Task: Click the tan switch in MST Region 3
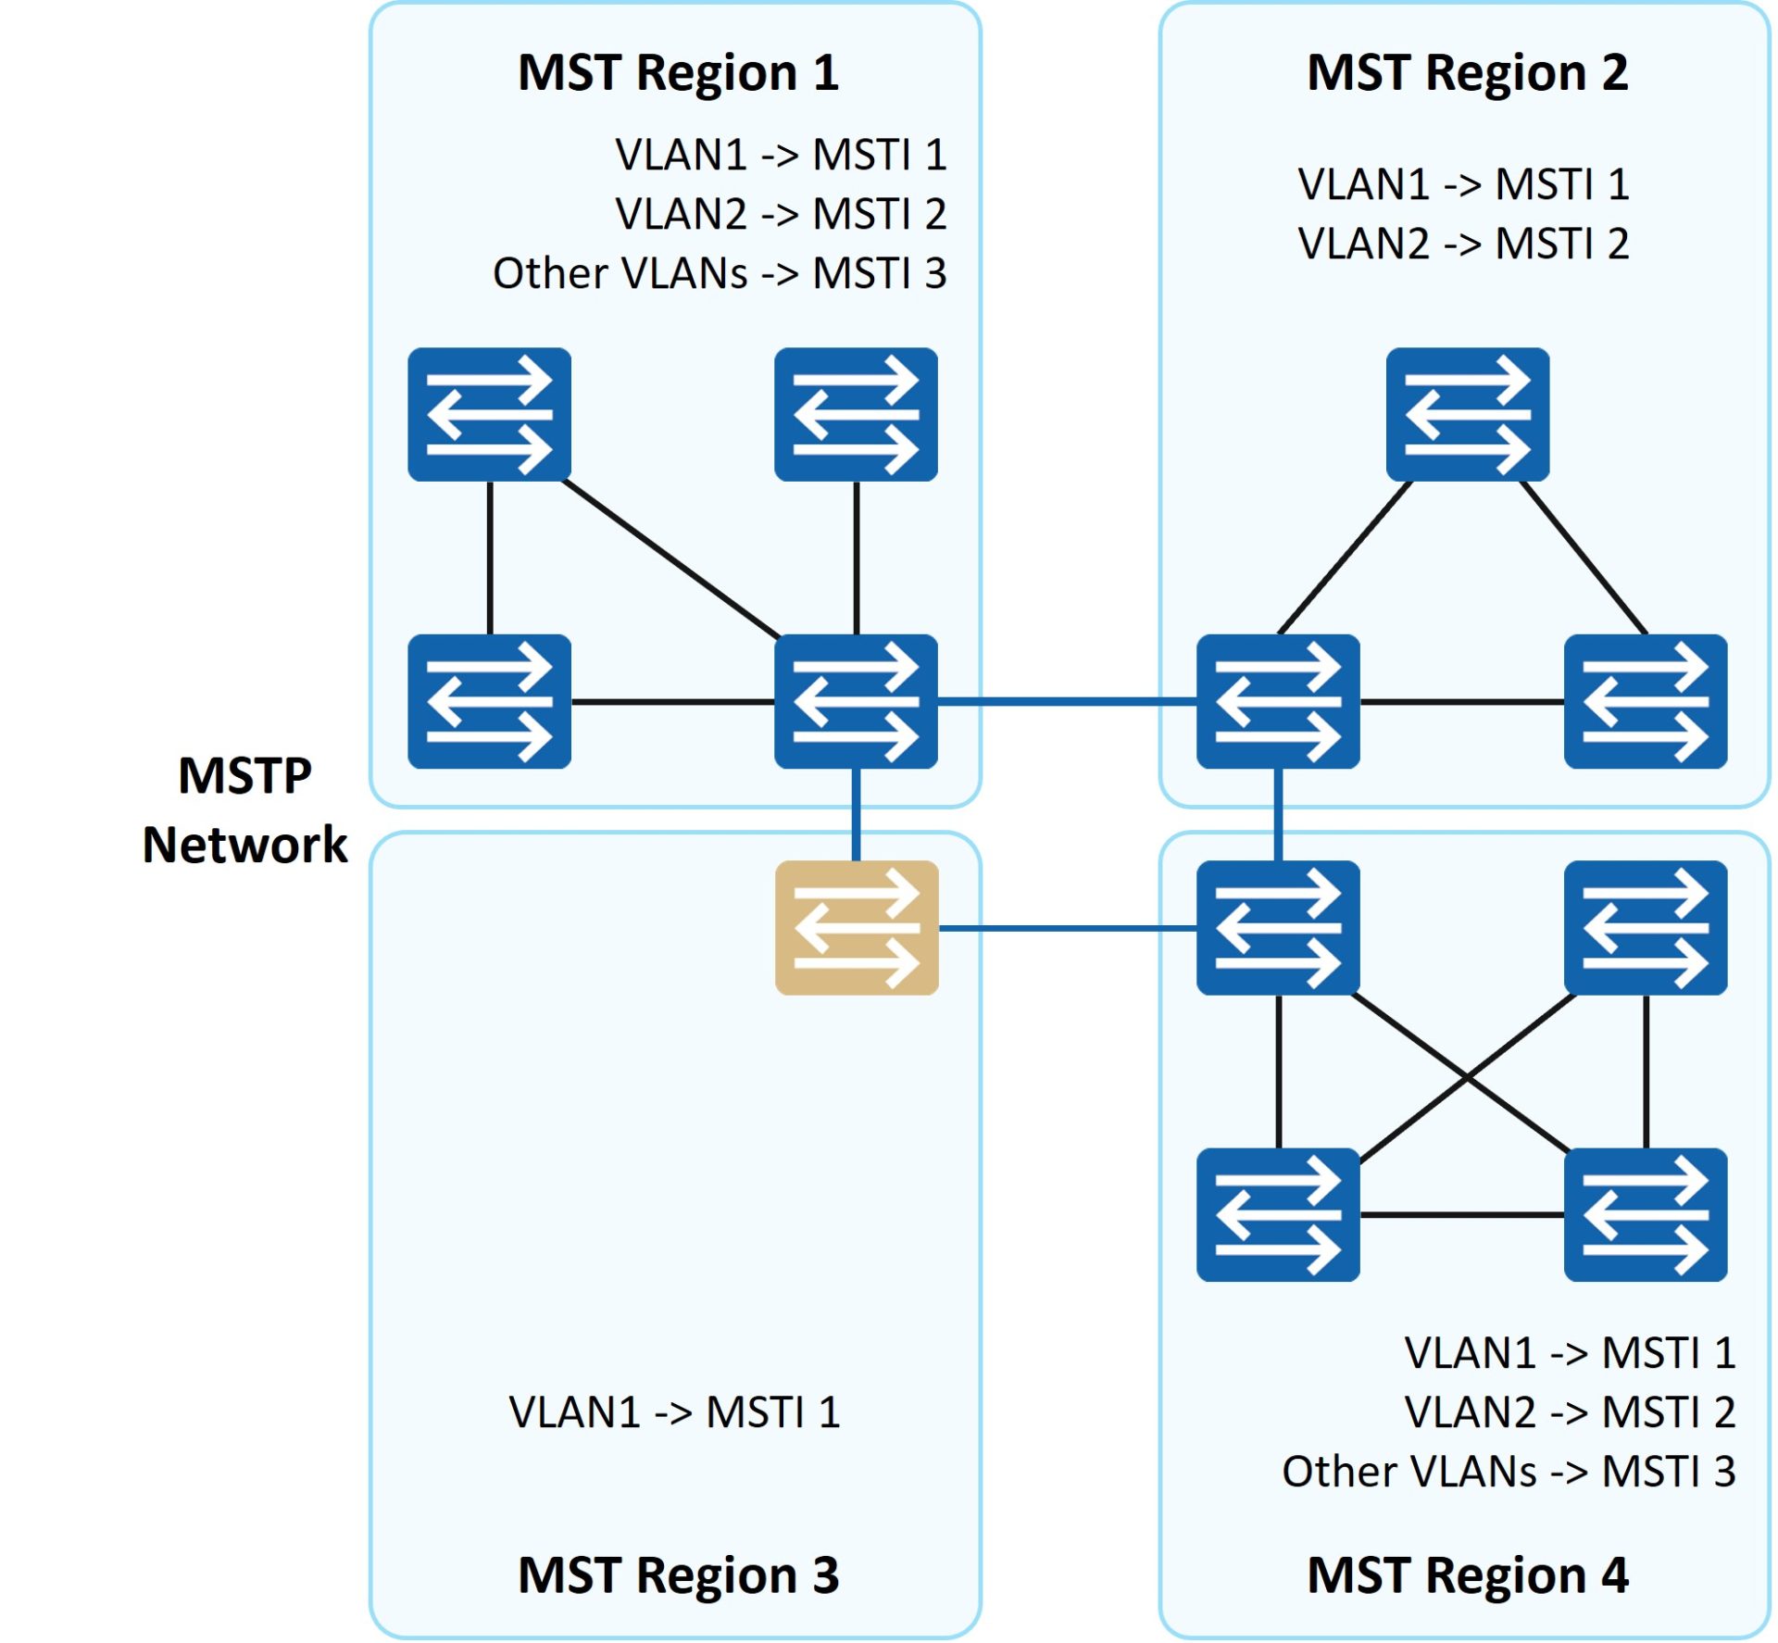pyautogui.click(x=857, y=928)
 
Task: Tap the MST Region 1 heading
pyautogui.click(x=679, y=72)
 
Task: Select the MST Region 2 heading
pyautogui.click(x=1468, y=72)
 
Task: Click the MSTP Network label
pyautogui.click(x=245, y=810)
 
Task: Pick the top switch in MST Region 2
pyautogui.click(x=1468, y=414)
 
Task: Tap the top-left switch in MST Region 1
pyautogui.click(x=490, y=414)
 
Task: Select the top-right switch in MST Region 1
pyautogui.click(x=857, y=414)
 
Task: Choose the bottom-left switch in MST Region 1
pyautogui.click(x=490, y=701)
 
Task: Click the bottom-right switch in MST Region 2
pyautogui.click(x=1646, y=701)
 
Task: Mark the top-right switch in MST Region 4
pyautogui.click(x=1646, y=928)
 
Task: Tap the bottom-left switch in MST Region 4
pyautogui.click(x=1278, y=1215)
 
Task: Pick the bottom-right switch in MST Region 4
pyautogui.click(x=1646, y=1215)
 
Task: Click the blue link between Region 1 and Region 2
pyautogui.click(x=1068, y=701)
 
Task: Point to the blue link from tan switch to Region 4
pyautogui.click(x=1068, y=928)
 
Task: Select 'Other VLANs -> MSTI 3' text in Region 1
pyautogui.click(x=720, y=273)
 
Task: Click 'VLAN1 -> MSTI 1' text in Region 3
pyautogui.click(x=674, y=1412)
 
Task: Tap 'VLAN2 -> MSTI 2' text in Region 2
pyautogui.click(x=1463, y=244)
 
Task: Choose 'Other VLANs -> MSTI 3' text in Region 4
pyautogui.click(x=1509, y=1472)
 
